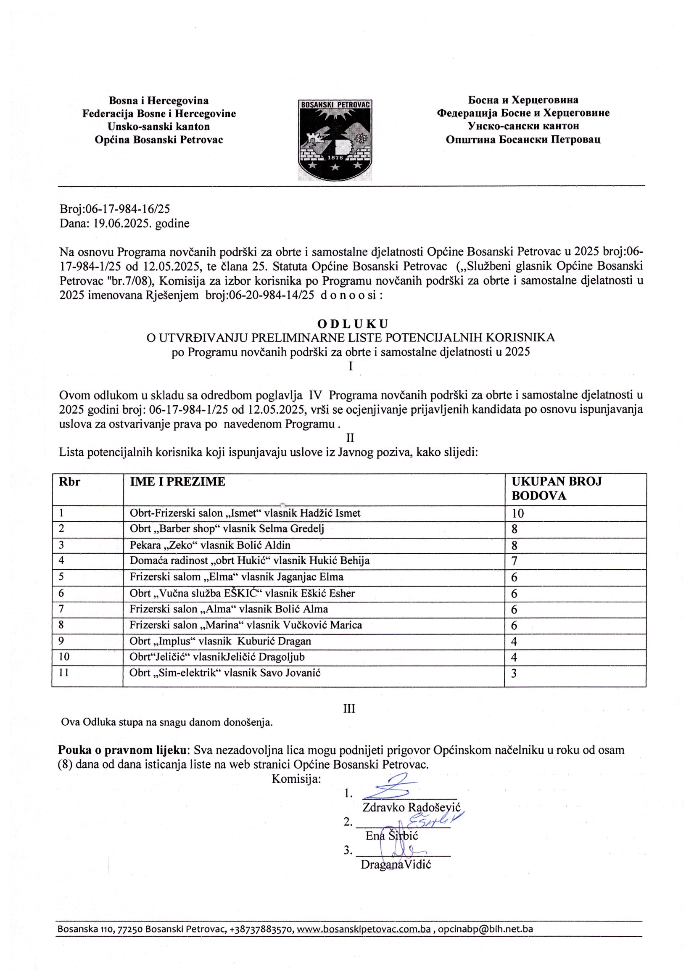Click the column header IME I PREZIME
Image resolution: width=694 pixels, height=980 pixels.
click(177, 482)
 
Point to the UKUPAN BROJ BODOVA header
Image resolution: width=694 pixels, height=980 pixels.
click(557, 489)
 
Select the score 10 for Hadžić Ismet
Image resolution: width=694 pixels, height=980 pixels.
click(518, 514)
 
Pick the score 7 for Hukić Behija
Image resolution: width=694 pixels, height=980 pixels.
click(515, 562)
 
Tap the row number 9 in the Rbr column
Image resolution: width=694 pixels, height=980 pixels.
click(61, 641)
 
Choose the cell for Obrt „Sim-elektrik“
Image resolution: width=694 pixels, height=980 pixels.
click(225, 673)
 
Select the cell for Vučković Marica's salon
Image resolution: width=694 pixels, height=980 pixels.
click(246, 625)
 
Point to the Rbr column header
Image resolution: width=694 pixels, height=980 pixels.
click(70, 482)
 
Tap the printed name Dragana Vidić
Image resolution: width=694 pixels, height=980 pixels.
click(396, 865)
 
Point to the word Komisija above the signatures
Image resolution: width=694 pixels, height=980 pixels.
click(296, 779)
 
